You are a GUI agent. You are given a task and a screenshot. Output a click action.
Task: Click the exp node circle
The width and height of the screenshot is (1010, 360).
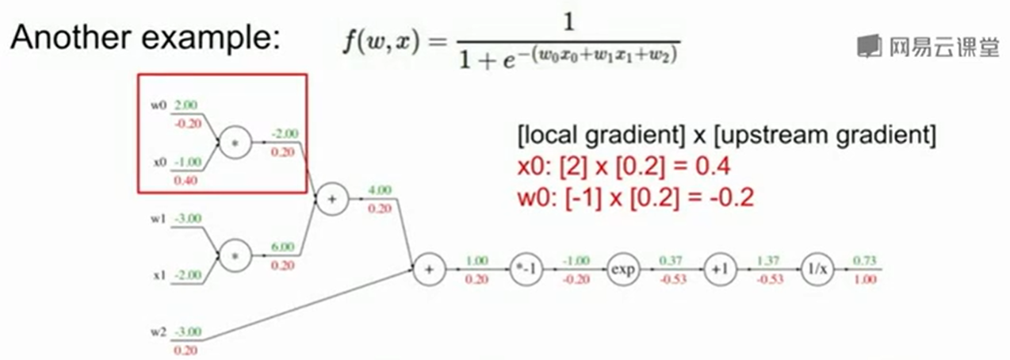tap(622, 270)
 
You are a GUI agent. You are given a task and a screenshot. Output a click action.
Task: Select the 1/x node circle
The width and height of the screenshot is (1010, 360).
tap(817, 270)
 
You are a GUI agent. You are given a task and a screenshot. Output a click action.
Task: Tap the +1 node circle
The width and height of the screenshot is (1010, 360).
tap(719, 270)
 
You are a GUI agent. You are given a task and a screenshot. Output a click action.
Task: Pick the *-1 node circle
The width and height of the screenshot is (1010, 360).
tap(525, 270)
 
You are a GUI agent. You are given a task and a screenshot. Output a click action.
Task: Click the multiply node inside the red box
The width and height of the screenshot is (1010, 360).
tap(235, 144)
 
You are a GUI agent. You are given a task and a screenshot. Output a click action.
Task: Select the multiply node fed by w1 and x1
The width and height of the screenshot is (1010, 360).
tap(235, 256)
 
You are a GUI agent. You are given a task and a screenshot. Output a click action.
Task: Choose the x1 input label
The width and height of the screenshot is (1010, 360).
tap(157, 275)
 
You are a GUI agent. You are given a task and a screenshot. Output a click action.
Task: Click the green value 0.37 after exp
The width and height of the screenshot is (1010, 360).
tap(670, 260)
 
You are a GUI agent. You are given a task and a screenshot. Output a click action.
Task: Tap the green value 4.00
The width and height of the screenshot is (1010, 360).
tap(380, 190)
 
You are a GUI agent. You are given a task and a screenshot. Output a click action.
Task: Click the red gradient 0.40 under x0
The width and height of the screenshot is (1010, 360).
tap(187, 181)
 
